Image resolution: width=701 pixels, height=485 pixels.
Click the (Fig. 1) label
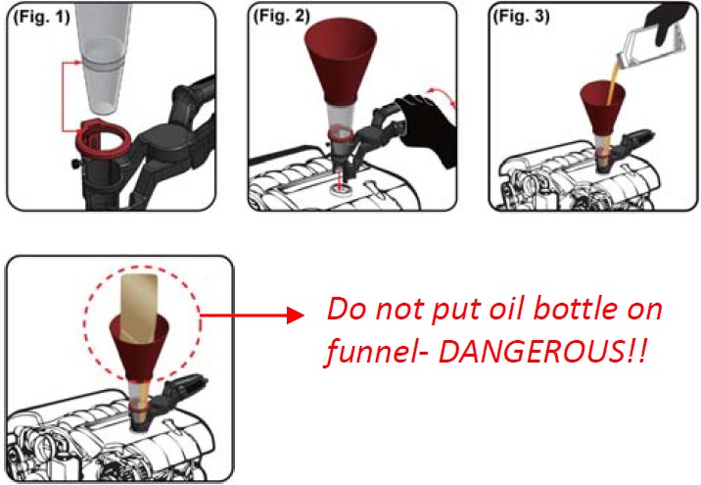pos(41,17)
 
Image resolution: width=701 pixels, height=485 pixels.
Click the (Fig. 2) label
pos(281,16)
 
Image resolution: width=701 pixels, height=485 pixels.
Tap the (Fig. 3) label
pos(521,16)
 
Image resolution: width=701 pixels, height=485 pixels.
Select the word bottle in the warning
pos(576,309)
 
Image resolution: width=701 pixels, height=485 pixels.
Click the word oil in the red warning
pos(503,309)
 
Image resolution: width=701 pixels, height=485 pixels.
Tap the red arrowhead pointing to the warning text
pos(295,315)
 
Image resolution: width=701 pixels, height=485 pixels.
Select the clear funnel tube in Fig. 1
pos(103,58)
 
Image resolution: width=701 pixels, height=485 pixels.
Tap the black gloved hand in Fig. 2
pos(426,127)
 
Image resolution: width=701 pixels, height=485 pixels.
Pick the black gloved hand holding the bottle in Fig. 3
pos(669,22)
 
